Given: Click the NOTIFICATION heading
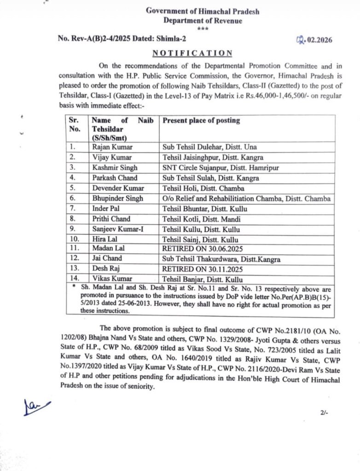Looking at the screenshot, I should [x=192, y=53].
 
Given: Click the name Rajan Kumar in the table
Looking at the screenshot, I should [x=112, y=147].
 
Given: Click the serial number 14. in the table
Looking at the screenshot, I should [x=74, y=279].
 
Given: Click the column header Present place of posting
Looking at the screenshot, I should [x=202, y=121].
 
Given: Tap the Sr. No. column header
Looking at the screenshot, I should [x=75, y=125].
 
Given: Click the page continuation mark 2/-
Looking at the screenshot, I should [x=324, y=413].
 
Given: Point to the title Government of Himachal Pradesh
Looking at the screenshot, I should [x=203, y=11].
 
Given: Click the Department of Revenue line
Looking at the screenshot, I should [x=203, y=21].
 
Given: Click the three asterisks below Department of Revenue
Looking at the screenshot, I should [x=203, y=29].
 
